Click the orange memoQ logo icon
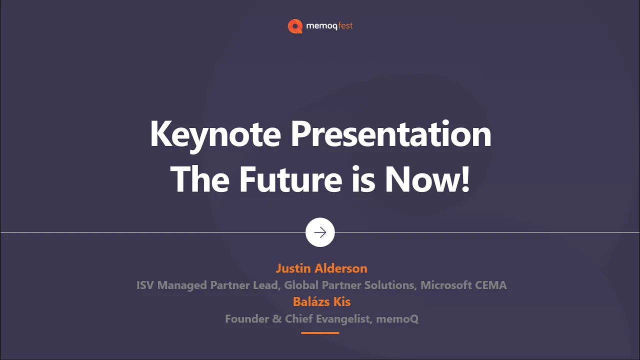[295, 26]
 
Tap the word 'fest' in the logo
[345, 25]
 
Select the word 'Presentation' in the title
[391, 133]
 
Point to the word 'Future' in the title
[290, 179]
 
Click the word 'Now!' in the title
[427, 179]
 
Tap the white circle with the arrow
[320, 232]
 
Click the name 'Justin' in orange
[293, 268]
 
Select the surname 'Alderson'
[341, 268]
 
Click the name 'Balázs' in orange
[311, 301]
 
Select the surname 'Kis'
[341, 301]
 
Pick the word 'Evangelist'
[343, 319]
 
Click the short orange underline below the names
[320, 333]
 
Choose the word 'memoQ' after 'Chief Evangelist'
[397, 319]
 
